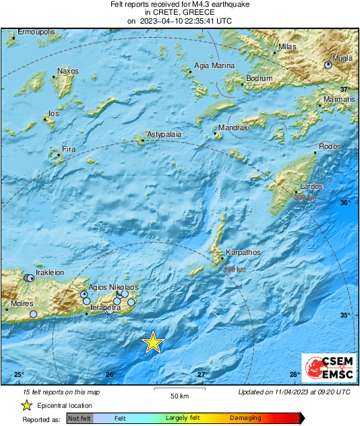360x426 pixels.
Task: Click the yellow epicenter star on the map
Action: [154, 342]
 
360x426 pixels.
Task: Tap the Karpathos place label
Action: [243, 252]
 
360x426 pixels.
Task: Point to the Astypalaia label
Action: [164, 135]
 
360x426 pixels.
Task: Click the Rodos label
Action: [330, 146]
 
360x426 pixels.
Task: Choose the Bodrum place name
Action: [260, 79]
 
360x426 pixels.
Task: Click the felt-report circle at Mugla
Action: [328, 65]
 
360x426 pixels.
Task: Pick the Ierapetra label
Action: [105, 307]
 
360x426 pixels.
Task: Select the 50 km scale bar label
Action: [179, 394]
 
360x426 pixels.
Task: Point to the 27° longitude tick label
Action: [202, 374]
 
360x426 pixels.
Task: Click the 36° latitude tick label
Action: [345, 202]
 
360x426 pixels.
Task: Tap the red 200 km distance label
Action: [305, 197]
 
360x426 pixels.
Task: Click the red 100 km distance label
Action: [234, 269]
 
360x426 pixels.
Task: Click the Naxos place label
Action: [68, 71]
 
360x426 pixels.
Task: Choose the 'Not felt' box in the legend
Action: [80, 419]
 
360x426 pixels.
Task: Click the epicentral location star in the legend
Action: [27, 405]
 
